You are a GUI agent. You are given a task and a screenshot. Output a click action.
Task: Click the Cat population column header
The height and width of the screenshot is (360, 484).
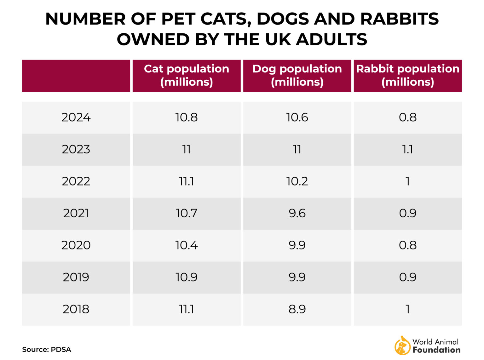[186, 76]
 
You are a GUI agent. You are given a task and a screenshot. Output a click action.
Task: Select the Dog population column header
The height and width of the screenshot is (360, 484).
[297, 76]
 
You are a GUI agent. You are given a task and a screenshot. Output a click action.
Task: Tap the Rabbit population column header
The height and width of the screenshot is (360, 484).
[407, 76]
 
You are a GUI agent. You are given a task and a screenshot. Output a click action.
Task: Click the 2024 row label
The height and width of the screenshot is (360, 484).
[76, 117]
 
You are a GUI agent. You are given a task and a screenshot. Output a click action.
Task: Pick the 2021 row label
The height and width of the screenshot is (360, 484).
[76, 213]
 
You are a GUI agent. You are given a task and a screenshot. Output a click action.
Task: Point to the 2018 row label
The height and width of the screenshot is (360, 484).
[76, 309]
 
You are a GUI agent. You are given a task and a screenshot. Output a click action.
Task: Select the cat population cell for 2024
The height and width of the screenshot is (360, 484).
[186, 117]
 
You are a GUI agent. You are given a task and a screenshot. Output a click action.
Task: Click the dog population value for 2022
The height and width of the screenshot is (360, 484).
[297, 181]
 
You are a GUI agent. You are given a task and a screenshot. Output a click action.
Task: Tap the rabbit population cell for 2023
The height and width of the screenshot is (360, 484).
[407, 149]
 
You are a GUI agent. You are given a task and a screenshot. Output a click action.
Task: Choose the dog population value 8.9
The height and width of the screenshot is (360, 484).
[297, 309]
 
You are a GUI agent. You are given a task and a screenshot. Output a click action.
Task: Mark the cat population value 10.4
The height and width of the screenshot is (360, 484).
[186, 245]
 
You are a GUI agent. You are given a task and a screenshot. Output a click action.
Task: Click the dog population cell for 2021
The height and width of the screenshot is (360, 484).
[297, 213]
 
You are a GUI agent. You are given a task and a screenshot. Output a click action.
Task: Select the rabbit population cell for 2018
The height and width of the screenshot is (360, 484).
[407, 309]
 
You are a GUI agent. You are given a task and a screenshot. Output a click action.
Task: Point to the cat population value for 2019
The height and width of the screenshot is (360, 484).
[186, 277]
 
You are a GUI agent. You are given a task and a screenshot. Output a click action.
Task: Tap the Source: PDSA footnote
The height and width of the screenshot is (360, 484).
[47, 350]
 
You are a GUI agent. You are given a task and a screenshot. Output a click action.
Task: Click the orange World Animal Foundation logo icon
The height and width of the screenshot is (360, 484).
[402, 346]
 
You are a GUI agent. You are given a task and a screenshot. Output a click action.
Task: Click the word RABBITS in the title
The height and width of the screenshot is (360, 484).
[399, 19]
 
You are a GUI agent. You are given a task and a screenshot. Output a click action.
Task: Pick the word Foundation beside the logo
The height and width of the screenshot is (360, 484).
[436, 350]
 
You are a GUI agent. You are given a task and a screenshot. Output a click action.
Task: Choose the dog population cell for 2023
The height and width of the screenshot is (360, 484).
[297, 149]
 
